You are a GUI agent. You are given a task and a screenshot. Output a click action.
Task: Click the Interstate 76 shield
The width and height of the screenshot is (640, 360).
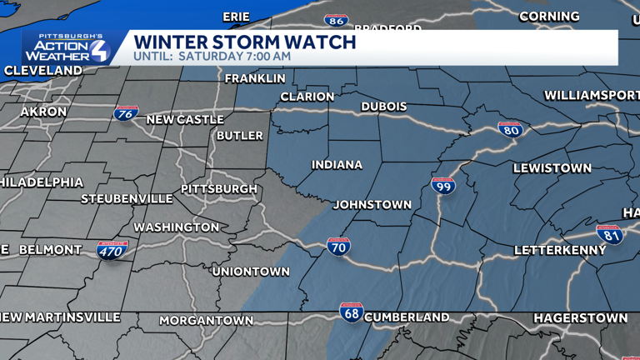127,115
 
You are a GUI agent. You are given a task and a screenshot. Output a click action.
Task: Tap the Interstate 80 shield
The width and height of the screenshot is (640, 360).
510,130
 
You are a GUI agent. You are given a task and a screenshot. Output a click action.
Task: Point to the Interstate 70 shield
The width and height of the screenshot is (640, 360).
338,247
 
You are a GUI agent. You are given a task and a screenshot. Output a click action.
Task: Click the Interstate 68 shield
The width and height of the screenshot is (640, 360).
352,313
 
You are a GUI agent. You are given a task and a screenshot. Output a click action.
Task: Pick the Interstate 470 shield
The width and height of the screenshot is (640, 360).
112,250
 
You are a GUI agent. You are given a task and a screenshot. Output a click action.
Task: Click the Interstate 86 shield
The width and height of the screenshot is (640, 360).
336,20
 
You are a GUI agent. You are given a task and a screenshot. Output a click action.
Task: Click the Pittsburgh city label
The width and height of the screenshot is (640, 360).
219,189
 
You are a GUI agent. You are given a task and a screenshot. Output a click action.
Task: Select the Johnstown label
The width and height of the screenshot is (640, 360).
372,205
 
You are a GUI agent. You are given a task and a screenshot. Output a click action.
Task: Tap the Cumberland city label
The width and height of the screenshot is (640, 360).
407,317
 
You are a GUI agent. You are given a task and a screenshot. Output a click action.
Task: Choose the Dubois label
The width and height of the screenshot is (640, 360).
383,107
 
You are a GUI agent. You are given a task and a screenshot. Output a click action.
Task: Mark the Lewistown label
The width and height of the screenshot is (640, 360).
552,168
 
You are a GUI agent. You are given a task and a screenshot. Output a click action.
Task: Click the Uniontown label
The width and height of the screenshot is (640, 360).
251,272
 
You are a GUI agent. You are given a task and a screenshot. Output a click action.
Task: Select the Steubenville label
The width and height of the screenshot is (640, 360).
127,199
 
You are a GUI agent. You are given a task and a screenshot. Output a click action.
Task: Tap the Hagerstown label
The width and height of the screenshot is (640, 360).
581,318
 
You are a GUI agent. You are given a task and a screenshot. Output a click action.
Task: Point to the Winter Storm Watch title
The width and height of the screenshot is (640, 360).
245,42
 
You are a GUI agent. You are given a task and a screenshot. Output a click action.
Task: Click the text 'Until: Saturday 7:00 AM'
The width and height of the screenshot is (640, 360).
212,57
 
